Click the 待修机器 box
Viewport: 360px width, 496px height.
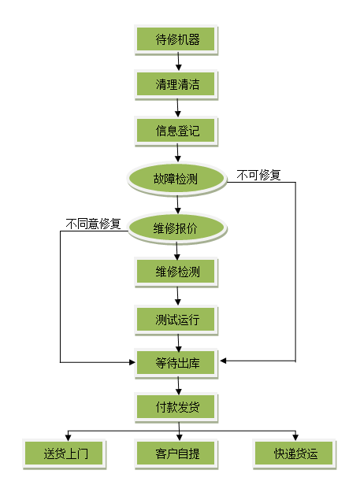click(176, 39)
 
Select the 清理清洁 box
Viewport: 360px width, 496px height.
click(176, 84)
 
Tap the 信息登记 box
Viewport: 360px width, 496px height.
click(176, 131)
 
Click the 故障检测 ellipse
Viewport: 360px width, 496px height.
click(177, 179)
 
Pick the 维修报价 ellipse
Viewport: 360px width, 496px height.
click(177, 228)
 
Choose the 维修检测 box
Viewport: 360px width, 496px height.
click(176, 272)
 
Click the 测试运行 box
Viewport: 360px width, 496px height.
click(176, 320)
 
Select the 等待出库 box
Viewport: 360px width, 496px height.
click(176, 363)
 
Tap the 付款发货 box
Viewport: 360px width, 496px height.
click(176, 407)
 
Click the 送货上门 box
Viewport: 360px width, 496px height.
click(65, 454)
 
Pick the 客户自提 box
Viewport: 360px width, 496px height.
click(176, 454)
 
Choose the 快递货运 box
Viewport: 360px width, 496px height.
click(295, 454)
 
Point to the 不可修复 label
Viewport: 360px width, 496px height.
click(258, 175)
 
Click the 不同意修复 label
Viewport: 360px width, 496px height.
click(93, 224)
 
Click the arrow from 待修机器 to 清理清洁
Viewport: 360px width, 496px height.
click(178, 61)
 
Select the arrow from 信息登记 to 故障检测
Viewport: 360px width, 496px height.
click(177, 153)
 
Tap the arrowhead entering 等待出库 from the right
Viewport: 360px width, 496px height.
click(223, 361)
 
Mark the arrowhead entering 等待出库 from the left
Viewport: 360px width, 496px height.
click(132, 362)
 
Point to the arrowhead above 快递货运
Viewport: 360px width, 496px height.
click(295, 437)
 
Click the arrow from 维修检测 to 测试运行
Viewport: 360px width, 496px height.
click(177, 296)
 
